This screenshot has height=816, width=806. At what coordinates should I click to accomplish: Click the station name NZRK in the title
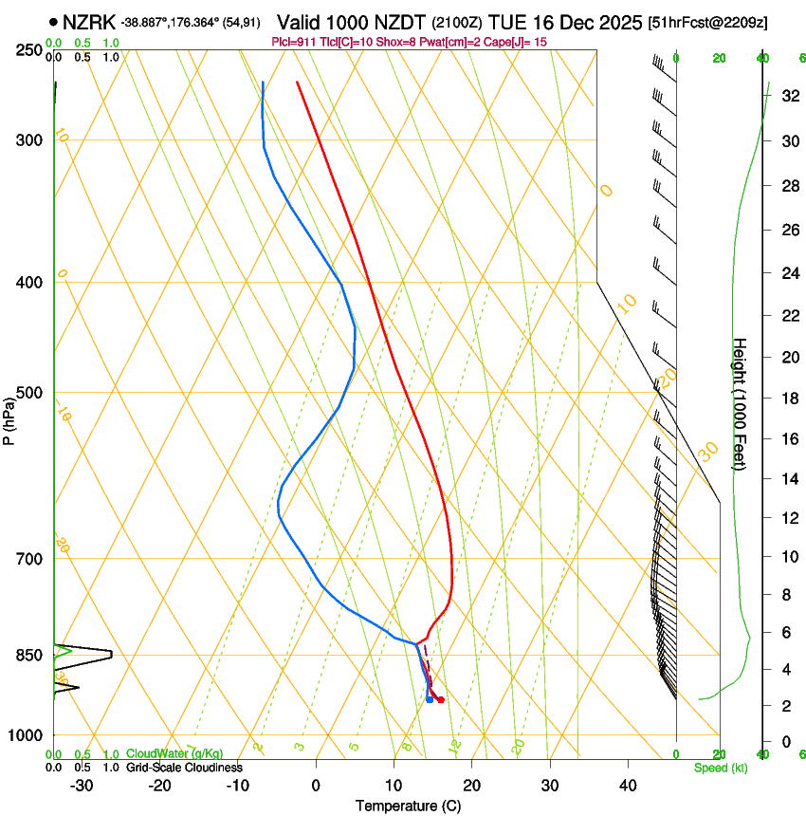click(x=89, y=22)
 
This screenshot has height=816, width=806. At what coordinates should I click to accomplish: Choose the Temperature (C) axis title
click(x=408, y=806)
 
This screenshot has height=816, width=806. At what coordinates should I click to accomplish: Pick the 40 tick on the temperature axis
click(x=627, y=785)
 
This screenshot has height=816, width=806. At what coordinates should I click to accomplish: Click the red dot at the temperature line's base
click(x=441, y=699)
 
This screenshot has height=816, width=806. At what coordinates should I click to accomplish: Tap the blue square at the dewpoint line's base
click(x=430, y=700)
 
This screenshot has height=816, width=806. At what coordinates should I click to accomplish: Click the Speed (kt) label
click(x=720, y=768)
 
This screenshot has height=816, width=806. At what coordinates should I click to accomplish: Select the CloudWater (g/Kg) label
click(x=174, y=754)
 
